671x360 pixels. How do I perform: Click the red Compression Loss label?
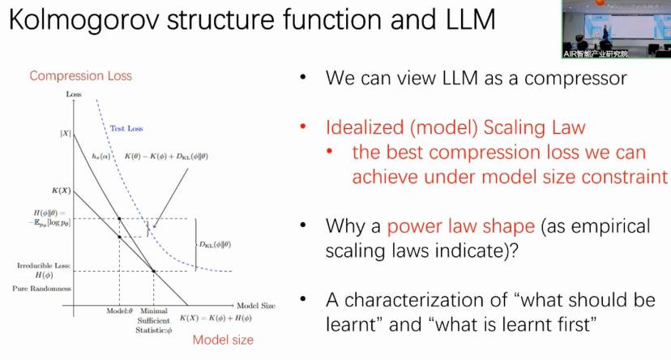(x=80, y=76)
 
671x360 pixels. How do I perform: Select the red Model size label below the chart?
(x=223, y=340)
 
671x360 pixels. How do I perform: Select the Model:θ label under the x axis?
(x=119, y=311)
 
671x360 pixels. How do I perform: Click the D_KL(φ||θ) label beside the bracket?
(x=215, y=244)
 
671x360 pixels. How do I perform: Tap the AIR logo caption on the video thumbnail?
(x=595, y=54)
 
